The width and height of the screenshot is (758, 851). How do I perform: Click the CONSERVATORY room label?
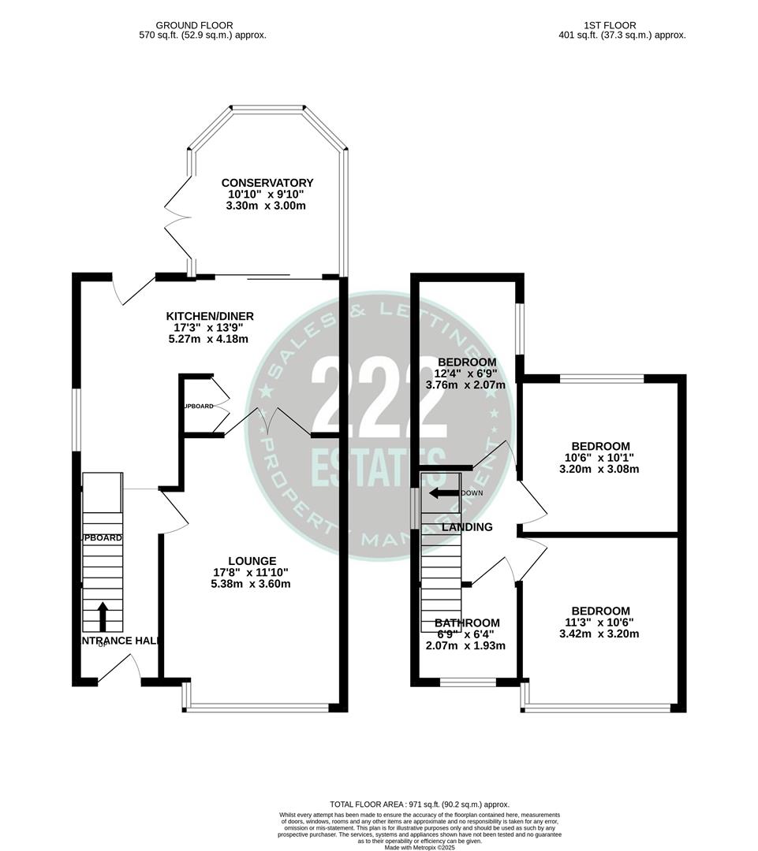[267, 183]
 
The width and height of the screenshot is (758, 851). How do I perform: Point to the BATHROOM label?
[467, 622]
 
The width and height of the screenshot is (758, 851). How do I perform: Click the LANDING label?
[467, 527]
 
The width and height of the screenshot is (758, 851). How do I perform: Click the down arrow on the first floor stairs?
[444, 493]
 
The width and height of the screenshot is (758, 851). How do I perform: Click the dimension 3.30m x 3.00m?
[267, 206]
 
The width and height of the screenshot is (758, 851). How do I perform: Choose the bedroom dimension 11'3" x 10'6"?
[600, 622]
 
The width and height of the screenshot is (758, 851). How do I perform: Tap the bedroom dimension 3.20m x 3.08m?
[600, 469]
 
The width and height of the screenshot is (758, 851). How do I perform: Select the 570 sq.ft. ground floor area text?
[200, 35]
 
